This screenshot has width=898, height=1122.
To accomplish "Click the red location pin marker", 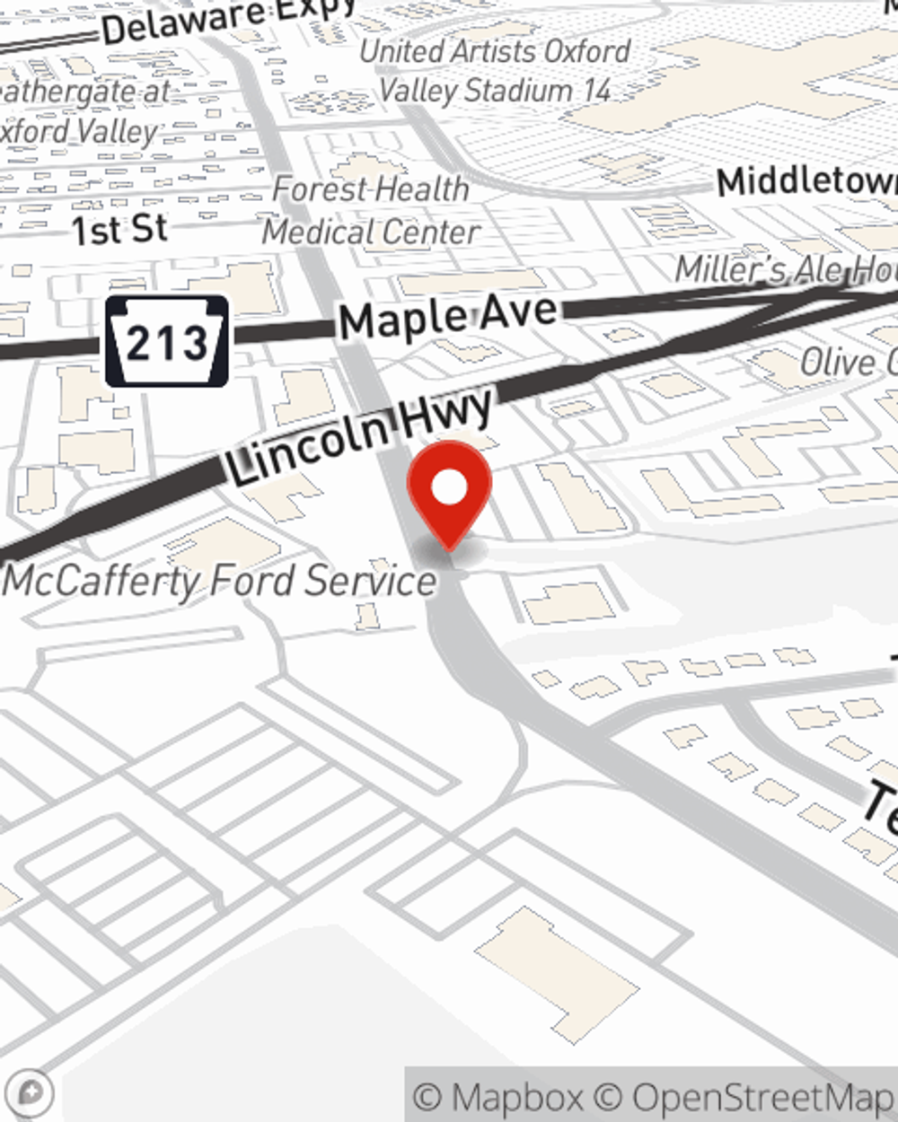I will pos(449,494).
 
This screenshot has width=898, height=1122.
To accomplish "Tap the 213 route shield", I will pos(167,342).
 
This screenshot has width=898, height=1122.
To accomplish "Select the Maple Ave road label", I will pos(448,316).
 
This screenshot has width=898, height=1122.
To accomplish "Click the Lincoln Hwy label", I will pos(359,436).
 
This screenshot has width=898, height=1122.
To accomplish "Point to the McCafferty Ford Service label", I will pos(221,581).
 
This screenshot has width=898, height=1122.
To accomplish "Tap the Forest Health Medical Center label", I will pos(371,211).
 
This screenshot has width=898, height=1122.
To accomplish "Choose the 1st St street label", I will pos(119,230).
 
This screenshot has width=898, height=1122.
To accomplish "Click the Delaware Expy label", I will pos(229,20).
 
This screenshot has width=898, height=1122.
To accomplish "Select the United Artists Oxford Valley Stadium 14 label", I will pos(495,71).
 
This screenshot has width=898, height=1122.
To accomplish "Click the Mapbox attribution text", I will pos(499,1097).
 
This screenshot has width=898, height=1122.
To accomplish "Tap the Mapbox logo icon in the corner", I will pos(31,1092).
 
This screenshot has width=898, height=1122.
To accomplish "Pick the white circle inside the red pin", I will pos(449,488).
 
